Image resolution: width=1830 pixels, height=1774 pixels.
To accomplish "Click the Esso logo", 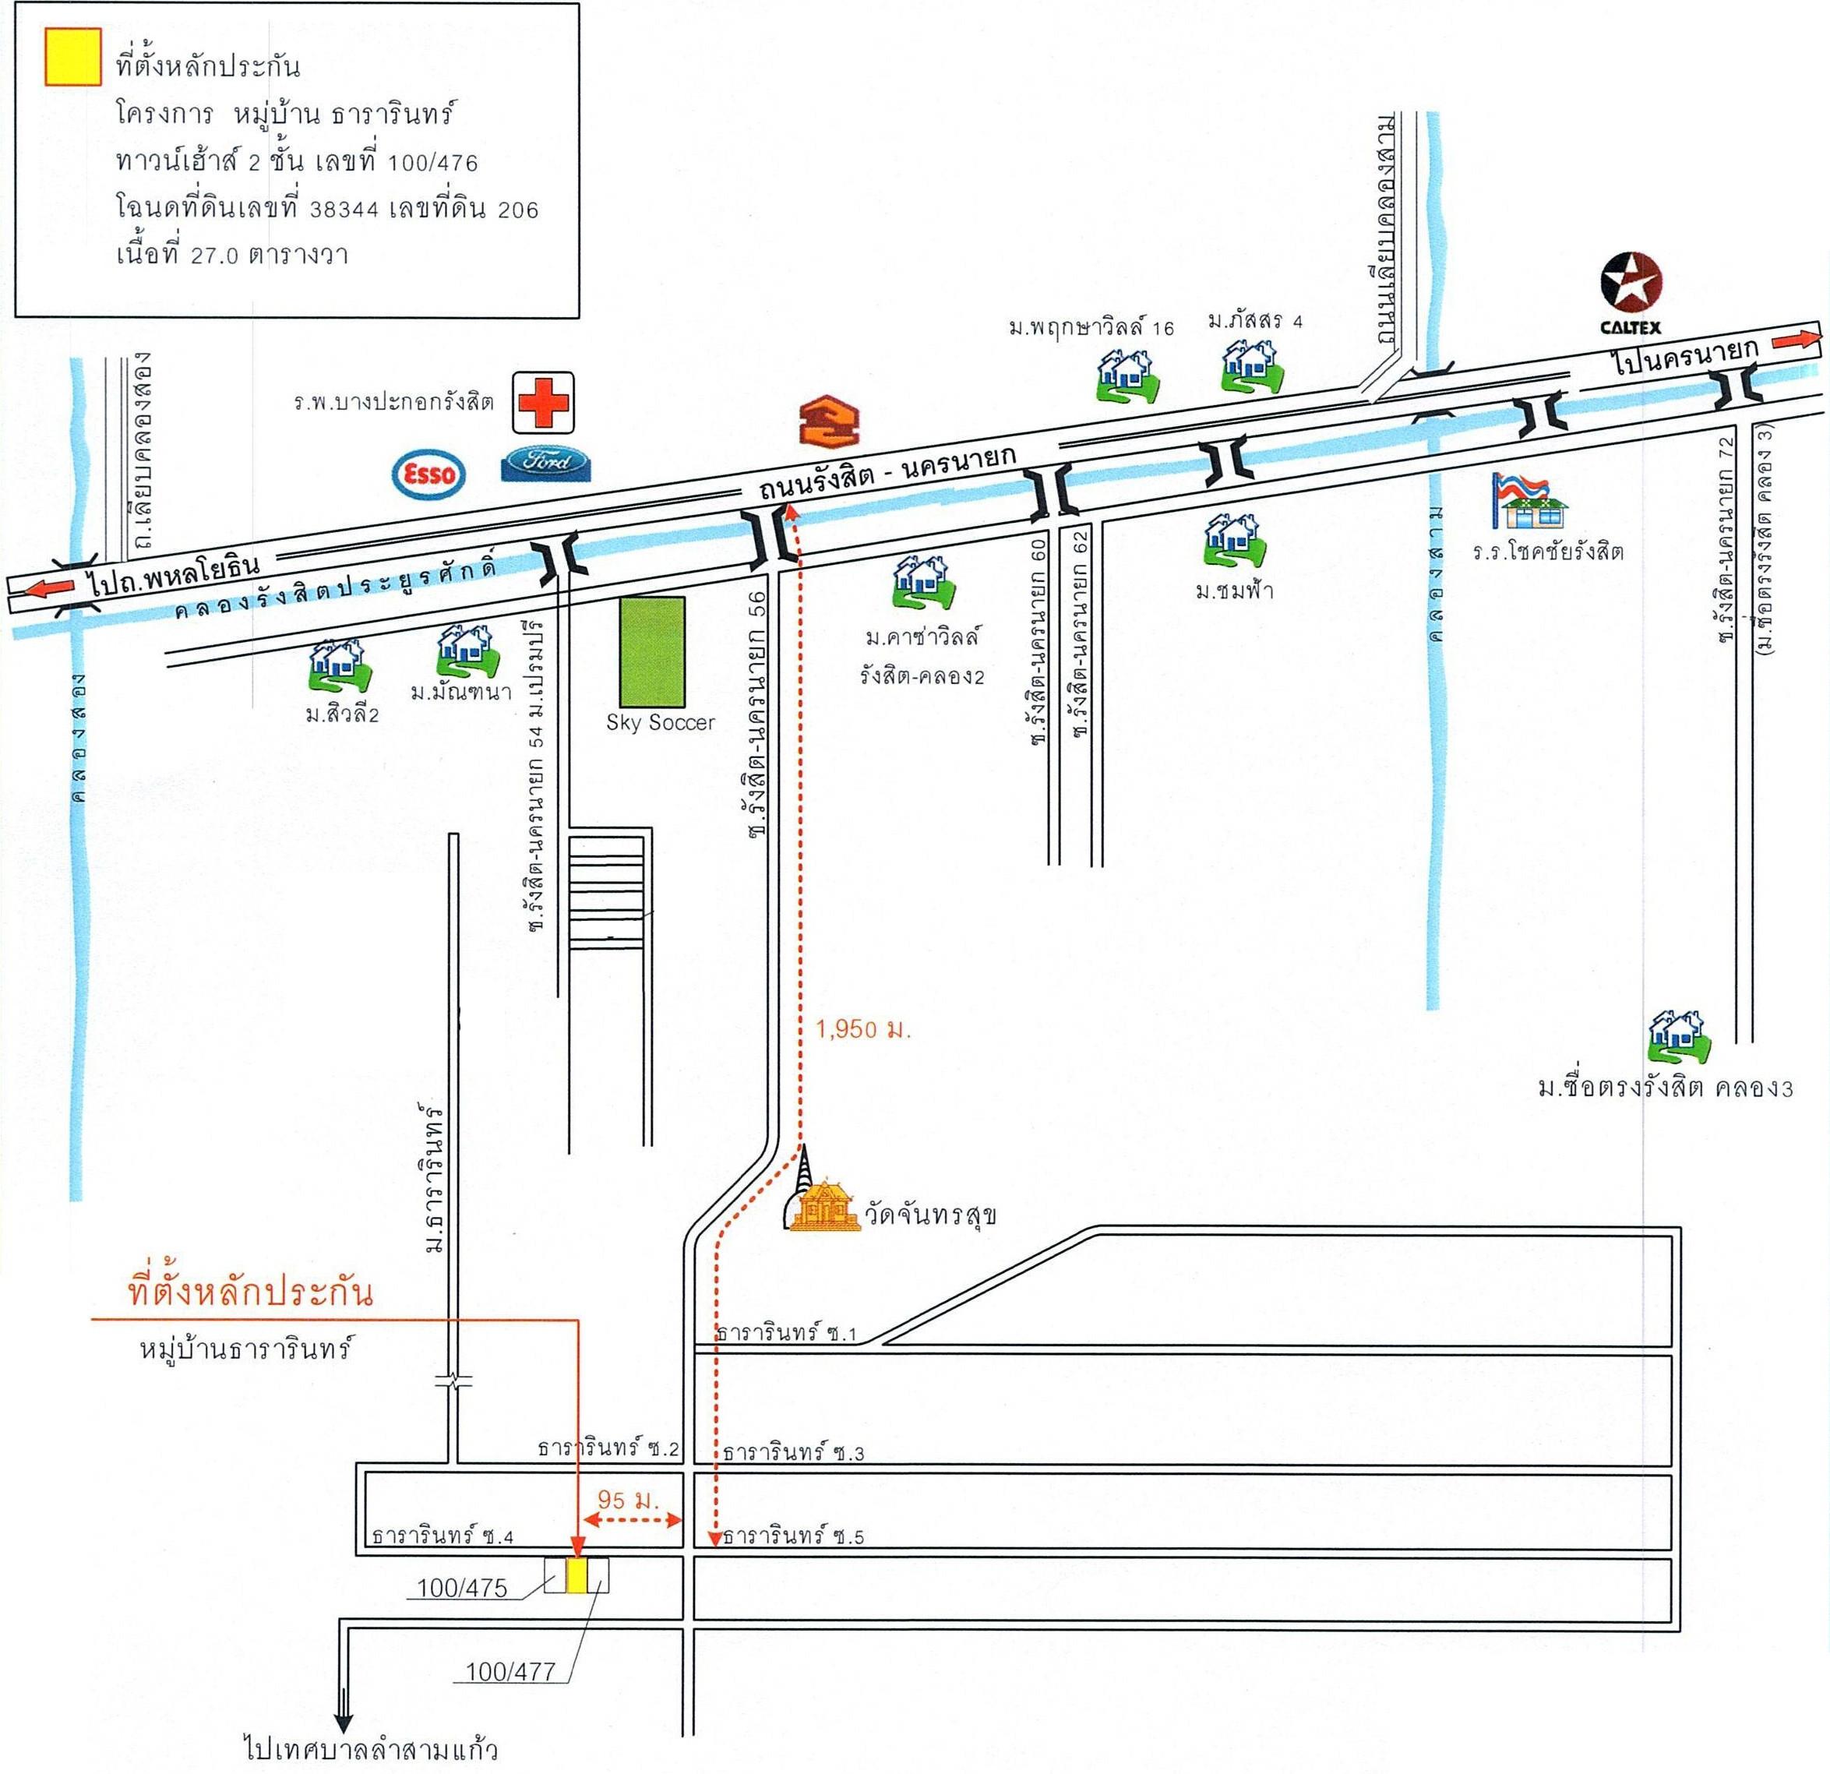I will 428,474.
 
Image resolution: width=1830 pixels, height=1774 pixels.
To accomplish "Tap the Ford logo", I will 546,464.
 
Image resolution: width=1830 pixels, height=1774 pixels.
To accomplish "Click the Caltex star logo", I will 1631,283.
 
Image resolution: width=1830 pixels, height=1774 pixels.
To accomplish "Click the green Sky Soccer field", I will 653,651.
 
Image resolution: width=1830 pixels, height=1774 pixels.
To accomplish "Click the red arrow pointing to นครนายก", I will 1794,340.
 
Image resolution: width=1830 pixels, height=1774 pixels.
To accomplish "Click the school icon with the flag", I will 1529,502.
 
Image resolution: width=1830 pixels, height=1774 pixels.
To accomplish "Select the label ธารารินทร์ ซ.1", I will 785,1333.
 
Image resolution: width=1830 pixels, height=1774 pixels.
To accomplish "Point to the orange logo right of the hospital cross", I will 828,422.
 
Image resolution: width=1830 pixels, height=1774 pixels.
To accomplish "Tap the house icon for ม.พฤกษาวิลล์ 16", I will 1128,376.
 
